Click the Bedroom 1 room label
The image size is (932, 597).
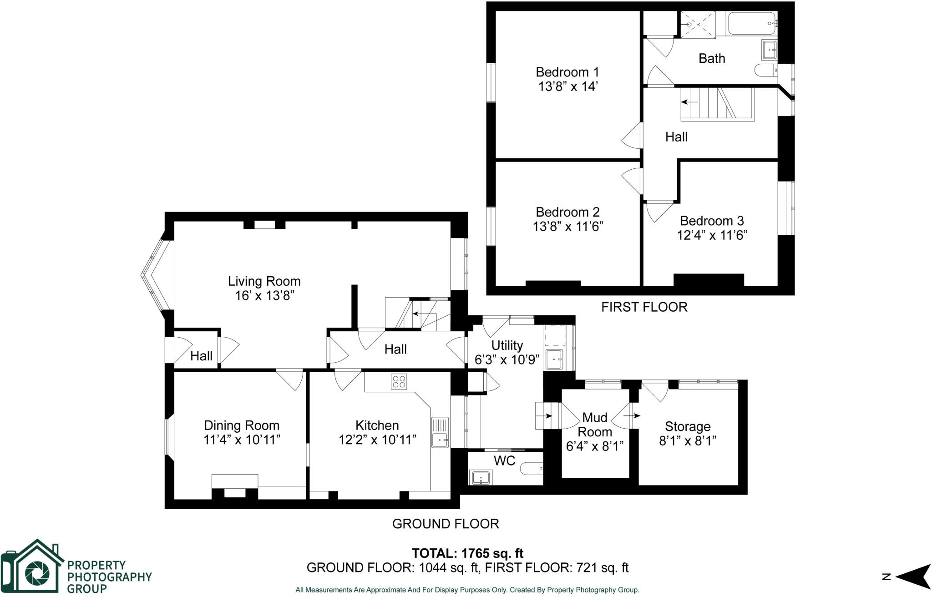click(x=567, y=72)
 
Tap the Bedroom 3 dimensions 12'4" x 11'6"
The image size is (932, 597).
click(x=712, y=235)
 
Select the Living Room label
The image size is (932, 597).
click(x=264, y=281)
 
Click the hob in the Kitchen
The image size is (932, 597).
click(x=399, y=381)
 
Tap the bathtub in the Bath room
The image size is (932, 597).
click(x=751, y=24)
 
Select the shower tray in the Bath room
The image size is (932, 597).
click(x=698, y=25)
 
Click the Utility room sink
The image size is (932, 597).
click(x=554, y=359)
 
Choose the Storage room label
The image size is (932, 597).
click(x=687, y=426)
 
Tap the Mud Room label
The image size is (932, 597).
click(x=595, y=424)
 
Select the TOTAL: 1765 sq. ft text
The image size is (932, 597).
click(x=467, y=553)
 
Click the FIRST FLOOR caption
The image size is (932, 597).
click(x=644, y=307)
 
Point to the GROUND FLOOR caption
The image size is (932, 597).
click(x=446, y=524)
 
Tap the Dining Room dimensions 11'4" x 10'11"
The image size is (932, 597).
click(x=242, y=440)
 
